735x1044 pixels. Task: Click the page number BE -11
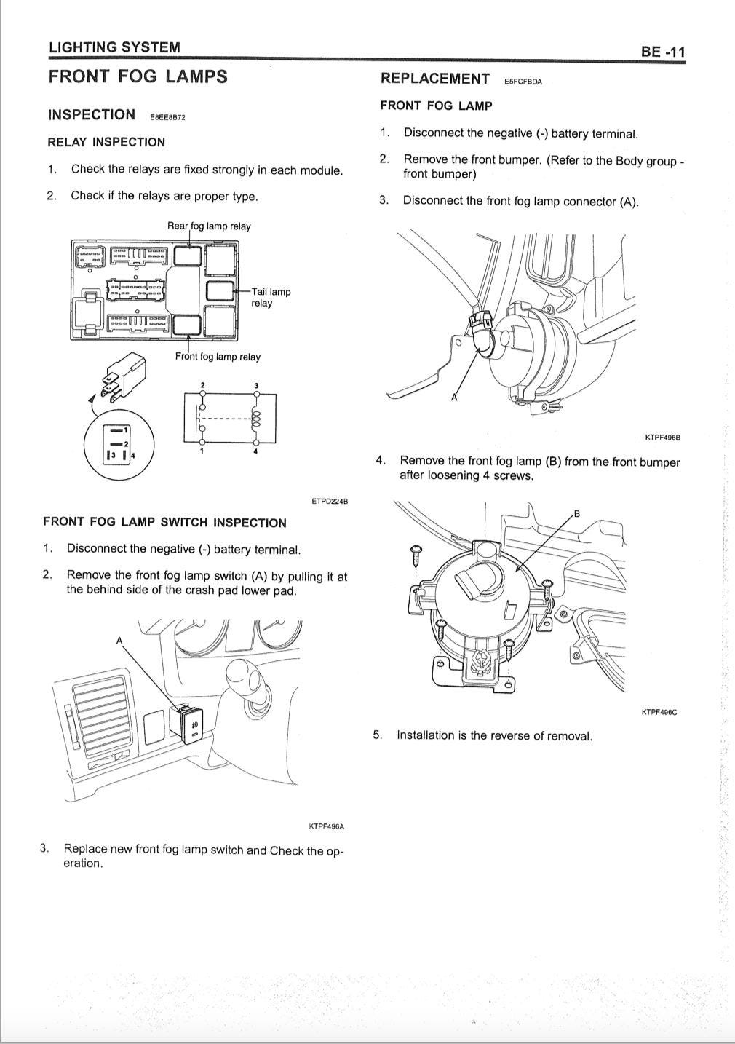point(662,52)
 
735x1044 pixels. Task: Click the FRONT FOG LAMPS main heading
point(138,77)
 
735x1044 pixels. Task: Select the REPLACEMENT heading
point(434,79)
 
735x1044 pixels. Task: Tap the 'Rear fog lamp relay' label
point(209,226)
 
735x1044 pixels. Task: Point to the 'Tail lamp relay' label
point(270,297)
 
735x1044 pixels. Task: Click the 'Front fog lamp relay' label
point(218,357)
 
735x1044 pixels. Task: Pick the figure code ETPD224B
point(329,501)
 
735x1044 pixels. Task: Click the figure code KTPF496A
point(326,826)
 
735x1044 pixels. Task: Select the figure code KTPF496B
point(662,438)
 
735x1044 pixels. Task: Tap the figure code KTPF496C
point(659,712)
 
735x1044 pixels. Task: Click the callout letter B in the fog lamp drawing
point(577,514)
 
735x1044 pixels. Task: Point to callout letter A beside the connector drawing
point(454,397)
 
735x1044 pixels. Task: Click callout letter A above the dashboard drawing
point(120,641)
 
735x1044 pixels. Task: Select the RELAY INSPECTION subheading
point(106,142)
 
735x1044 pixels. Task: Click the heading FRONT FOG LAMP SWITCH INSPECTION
point(164,523)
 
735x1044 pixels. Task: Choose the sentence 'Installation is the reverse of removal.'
point(494,735)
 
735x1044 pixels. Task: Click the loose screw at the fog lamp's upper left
point(417,555)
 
